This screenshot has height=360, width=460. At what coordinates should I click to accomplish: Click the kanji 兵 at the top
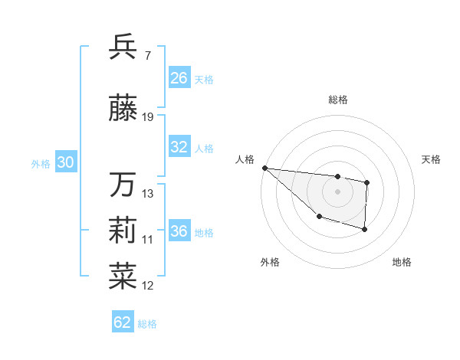(x=123, y=47)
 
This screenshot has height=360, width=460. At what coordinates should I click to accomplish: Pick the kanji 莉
(x=123, y=231)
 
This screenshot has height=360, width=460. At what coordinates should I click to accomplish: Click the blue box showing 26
(x=179, y=78)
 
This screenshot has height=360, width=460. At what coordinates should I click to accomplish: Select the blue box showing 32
(x=179, y=148)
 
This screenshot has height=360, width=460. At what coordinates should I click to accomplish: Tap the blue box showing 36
(x=179, y=231)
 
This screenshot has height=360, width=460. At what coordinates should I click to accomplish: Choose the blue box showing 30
(x=65, y=162)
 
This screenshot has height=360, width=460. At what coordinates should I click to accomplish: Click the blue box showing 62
(x=123, y=322)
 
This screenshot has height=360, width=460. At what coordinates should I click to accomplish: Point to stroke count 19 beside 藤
(x=149, y=117)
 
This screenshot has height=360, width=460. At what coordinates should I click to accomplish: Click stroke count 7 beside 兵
(x=147, y=55)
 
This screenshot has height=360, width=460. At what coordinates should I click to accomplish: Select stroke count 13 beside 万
(x=149, y=193)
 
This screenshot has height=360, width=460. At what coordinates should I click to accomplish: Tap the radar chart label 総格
(x=338, y=100)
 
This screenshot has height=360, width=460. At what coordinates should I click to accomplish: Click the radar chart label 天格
(x=432, y=159)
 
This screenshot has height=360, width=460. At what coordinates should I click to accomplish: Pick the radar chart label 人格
(x=245, y=159)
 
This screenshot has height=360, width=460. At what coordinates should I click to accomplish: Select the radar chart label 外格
(x=270, y=262)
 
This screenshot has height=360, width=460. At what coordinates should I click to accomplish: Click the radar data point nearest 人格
(x=264, y=168)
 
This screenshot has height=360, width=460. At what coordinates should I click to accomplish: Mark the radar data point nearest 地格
(x=365, y=229)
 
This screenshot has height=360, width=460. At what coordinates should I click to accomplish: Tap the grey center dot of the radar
(x=338, y=191)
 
